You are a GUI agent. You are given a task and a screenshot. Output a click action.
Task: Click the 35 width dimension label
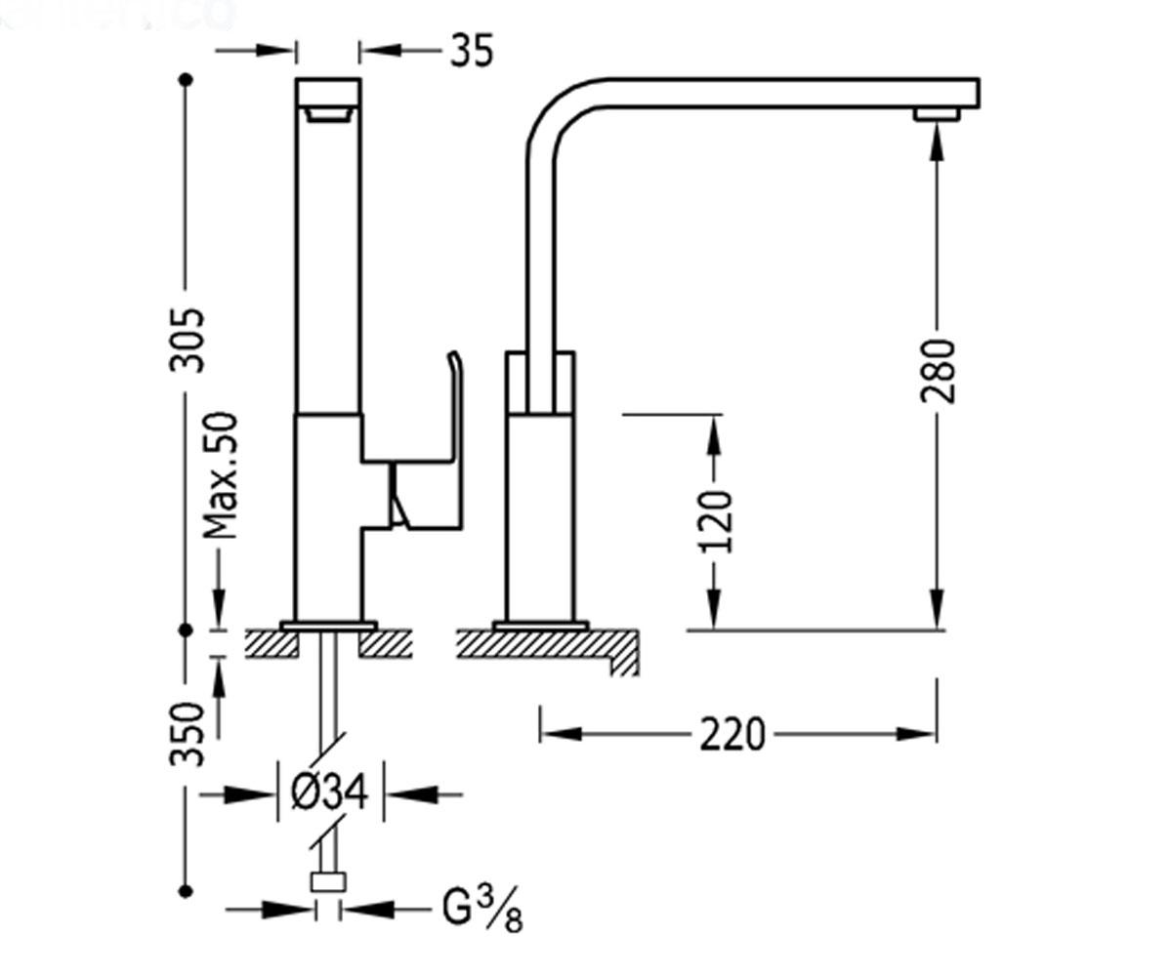click(471, 51)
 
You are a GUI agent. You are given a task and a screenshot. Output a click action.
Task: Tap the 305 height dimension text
click(187, 340)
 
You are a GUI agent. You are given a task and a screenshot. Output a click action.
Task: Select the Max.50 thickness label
click(221, 475)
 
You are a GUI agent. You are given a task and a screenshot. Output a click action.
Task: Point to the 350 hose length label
click(187, 734)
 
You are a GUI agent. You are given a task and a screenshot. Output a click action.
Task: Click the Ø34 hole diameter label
click(329, 792)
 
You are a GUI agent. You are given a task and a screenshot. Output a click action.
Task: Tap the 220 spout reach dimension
click(732, 734)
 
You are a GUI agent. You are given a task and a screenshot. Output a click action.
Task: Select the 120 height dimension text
click(716, 522)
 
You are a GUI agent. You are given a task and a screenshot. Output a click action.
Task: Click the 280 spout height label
click(938, 371)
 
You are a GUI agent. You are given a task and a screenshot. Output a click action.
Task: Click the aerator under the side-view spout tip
click(937, 114)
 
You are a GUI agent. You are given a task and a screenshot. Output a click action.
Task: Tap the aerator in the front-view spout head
click(328, 115)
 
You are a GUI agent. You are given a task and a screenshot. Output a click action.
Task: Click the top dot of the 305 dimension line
click(186, 80)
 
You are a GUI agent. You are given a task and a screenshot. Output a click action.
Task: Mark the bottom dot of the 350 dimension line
click(186, 891)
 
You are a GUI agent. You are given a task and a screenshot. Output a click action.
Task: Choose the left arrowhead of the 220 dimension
click(563, 734)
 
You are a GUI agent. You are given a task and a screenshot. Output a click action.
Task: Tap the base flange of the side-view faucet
click(540, 626)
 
